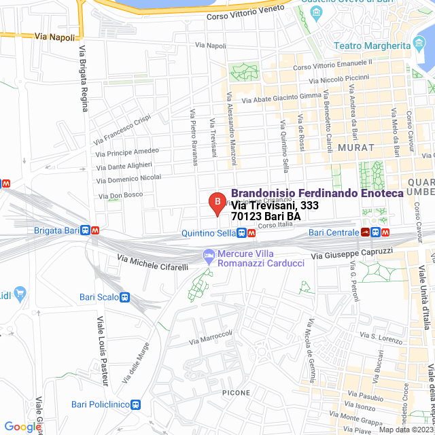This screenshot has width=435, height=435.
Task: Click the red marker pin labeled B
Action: point(217,202)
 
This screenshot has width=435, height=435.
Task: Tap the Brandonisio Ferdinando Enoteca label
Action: point(317,193)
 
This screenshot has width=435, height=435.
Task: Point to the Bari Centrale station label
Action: point(334,232)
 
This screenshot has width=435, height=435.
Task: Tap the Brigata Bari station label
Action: point(57,230)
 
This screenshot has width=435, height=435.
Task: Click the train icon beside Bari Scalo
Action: point(125,297)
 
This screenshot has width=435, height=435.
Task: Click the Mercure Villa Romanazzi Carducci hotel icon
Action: point(208,256)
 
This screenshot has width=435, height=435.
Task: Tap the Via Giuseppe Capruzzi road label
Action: point(352,254)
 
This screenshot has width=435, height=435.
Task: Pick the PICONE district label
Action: point(236,393)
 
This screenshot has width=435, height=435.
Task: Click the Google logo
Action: point(21,427)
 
